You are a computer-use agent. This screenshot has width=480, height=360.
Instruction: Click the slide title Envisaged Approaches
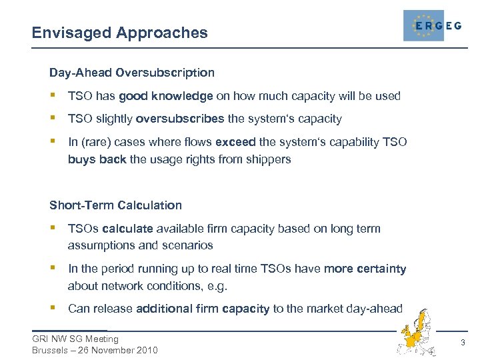[120, 32]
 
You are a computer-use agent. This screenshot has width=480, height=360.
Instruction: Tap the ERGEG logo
[432, 26]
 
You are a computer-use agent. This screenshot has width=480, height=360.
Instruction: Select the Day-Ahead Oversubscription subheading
[132, 72]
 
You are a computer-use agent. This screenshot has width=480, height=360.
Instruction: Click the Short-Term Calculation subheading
[115, 205]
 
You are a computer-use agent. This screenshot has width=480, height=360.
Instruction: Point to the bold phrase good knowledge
[165, 96]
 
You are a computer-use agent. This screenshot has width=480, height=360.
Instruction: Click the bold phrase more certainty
[365, 269]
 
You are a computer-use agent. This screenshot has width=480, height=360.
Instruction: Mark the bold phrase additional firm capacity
[203, 308]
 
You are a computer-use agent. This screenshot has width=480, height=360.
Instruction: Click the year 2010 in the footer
[146, 351]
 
